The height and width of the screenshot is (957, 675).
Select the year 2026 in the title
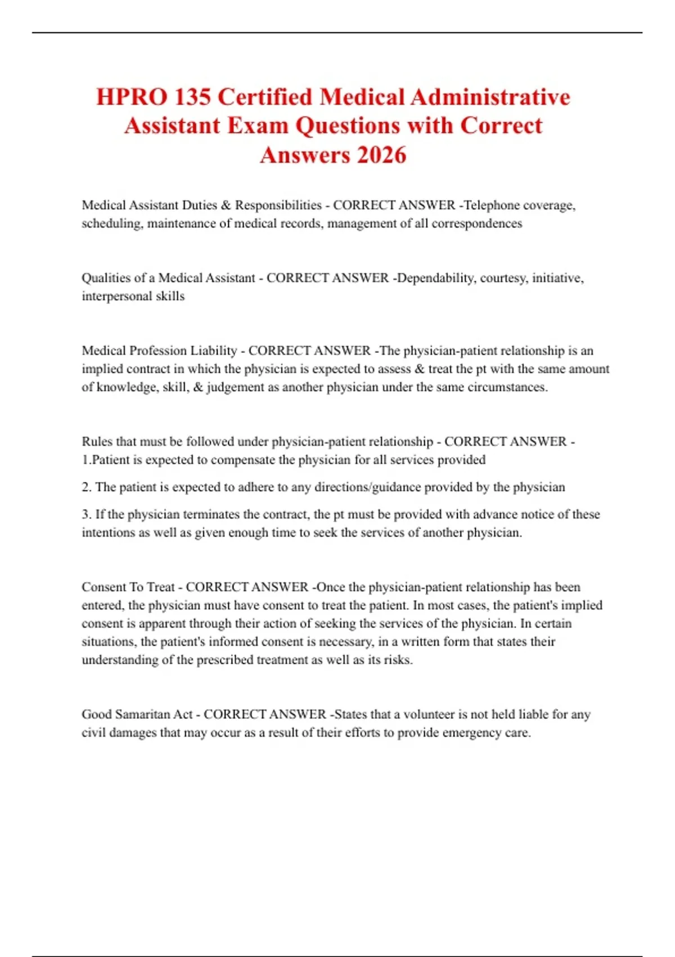point(381,155)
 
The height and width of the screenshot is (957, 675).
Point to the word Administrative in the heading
point(490,97)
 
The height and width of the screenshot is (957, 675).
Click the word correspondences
point(476,223)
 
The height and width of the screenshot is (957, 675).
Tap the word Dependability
point(435,278)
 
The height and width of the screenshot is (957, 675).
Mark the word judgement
point(235,387)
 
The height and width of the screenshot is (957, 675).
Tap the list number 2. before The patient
point(87,487)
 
